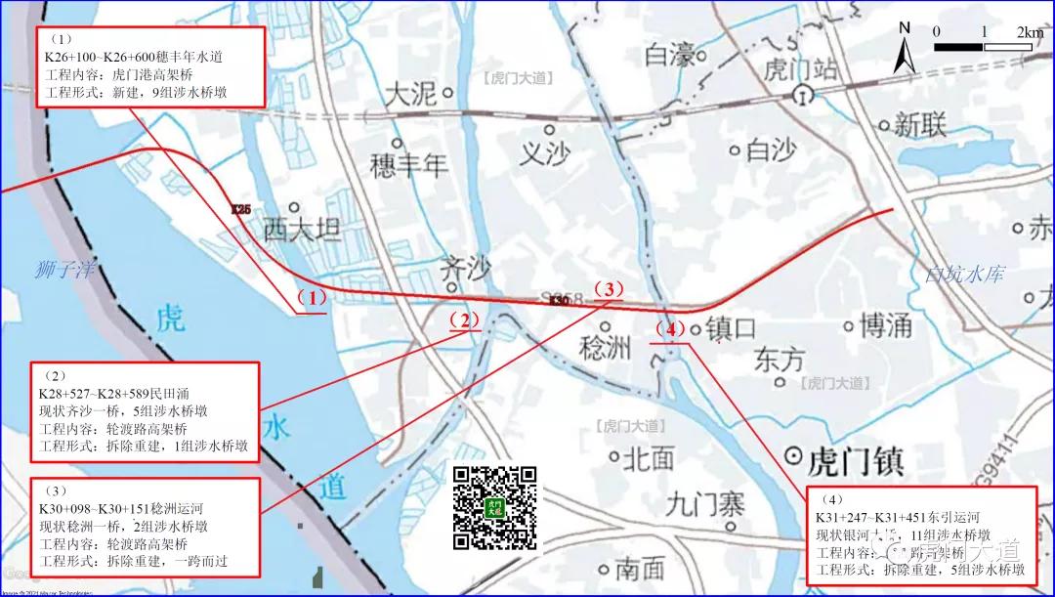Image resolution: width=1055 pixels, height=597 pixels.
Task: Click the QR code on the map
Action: pos(496,508)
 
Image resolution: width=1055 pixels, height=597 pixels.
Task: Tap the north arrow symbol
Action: pos(905,48)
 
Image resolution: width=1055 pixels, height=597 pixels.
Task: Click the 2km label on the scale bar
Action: pos(1031,32)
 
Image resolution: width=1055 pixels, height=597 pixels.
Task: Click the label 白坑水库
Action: pos(965,275)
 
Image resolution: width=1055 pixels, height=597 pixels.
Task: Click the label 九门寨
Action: pos(705,504)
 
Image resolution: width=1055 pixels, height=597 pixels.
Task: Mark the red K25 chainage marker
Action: pos(241,209)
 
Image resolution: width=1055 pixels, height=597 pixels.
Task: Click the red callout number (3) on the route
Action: pos(607,289)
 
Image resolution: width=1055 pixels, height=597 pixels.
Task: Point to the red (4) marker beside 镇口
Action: pos(670,329)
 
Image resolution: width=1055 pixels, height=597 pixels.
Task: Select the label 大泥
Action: pos(410,94)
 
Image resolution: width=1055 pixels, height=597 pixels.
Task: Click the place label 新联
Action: pos(921,125)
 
